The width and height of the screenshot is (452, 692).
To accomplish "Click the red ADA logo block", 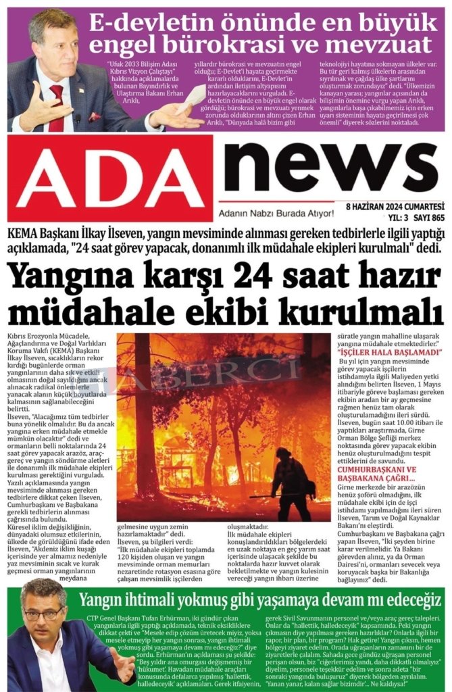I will point(108,177).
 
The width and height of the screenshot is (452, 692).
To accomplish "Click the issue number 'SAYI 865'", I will point(430,218).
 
